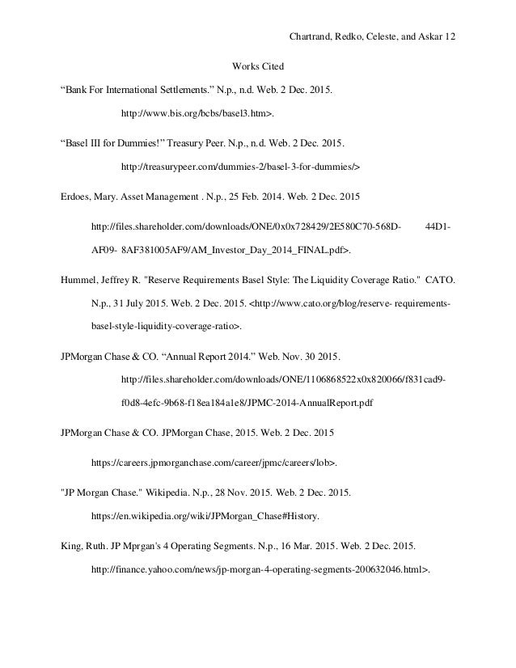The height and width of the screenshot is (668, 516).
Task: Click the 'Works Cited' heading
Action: pyautogui.click(x=257, y=65)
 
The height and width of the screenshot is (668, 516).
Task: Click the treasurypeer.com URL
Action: pyautogui.click(x=239, y=167)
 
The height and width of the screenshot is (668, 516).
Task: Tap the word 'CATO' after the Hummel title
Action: pyautogui.click(x=442, y=281)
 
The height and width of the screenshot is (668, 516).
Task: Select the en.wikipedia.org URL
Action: pyautogui.click(x=205, y=514)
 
